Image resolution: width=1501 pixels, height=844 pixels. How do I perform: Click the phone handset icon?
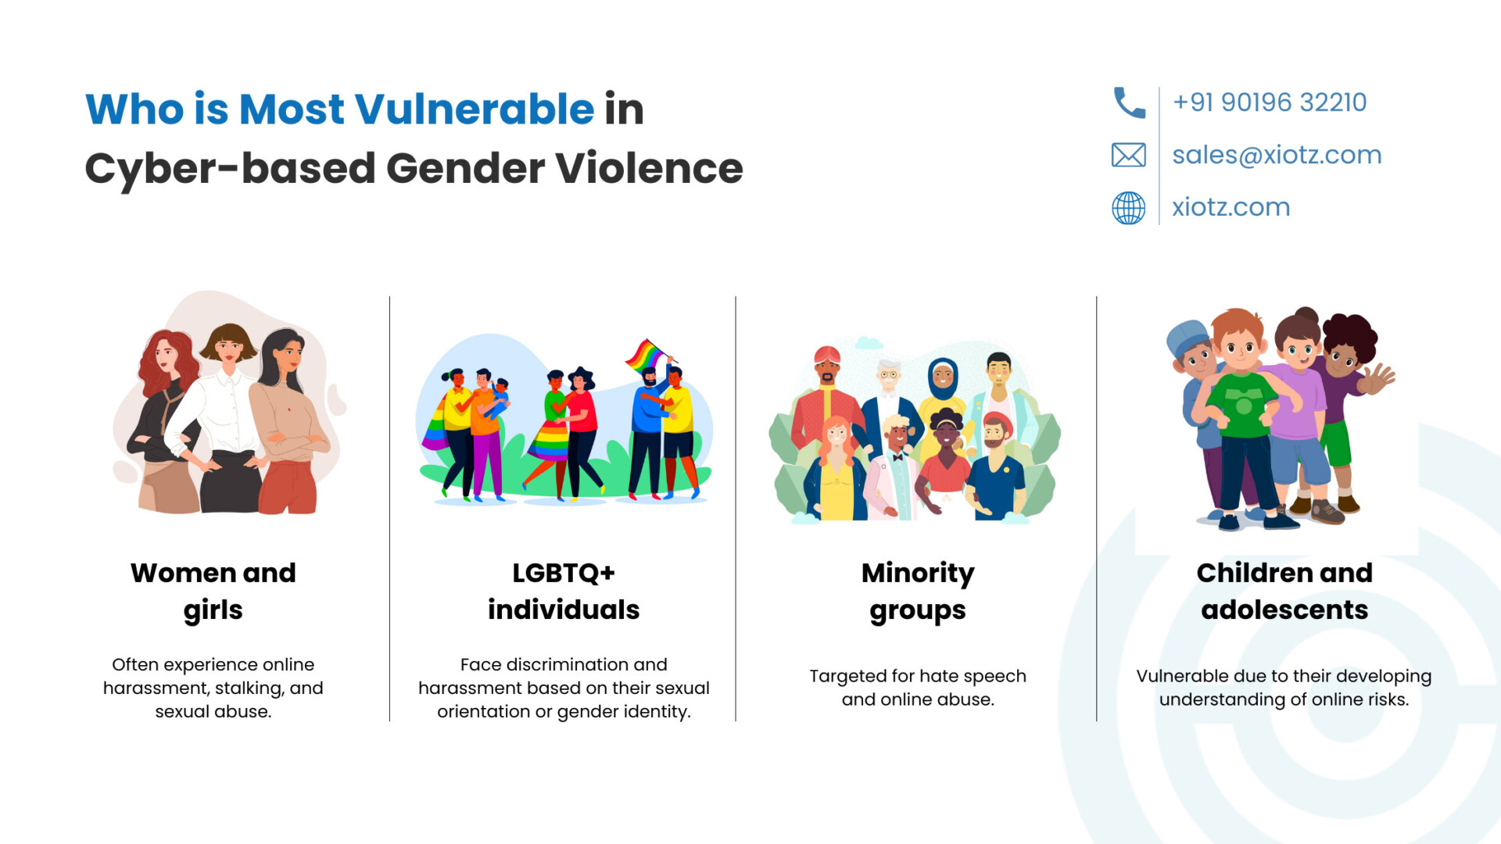[1129, 102]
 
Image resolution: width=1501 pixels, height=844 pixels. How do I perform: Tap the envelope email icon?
[1129, 155]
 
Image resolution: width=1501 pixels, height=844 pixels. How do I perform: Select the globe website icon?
[1129, 208]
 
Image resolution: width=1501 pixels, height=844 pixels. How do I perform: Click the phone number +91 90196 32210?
[1270, 102]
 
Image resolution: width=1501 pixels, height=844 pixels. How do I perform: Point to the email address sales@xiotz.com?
[1277, 155]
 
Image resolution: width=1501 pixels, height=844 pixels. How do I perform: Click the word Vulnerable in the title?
[474, 109]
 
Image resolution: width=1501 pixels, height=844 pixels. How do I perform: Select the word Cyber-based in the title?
[231, 169]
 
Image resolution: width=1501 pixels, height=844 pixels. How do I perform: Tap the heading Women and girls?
[213, 592]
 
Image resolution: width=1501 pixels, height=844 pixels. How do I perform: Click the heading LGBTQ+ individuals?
[564, 592]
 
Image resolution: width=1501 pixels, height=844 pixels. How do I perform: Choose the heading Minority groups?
[918, 592]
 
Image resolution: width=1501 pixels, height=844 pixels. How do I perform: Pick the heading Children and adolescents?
[1284, 592]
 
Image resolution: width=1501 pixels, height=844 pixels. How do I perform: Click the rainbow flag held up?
[646, 356]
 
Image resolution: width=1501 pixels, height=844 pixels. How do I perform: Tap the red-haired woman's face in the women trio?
[166, 356]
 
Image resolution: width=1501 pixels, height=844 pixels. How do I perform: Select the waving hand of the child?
[1379, 380]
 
